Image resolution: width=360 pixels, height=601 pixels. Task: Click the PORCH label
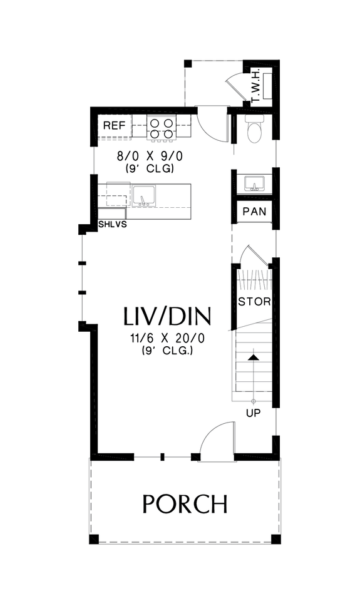click(184, 503)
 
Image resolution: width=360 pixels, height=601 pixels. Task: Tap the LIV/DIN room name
click(167, 316)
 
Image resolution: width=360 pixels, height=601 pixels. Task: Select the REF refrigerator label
click(115, 126)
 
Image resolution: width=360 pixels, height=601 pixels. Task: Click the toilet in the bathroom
click(255, 130)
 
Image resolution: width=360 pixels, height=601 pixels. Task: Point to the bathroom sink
click(255, 183)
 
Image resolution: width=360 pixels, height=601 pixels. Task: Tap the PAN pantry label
click(254, 212)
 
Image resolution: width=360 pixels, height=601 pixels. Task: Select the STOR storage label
click(254, 301)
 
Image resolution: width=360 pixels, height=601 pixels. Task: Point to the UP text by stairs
click(254, 413)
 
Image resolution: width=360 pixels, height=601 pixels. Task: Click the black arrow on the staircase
click(254, 357)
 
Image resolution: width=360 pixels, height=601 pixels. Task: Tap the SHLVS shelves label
click(113, 223)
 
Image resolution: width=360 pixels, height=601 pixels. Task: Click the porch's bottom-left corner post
click(94, 538)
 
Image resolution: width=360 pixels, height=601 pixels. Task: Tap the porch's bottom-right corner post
click(276, 538)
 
